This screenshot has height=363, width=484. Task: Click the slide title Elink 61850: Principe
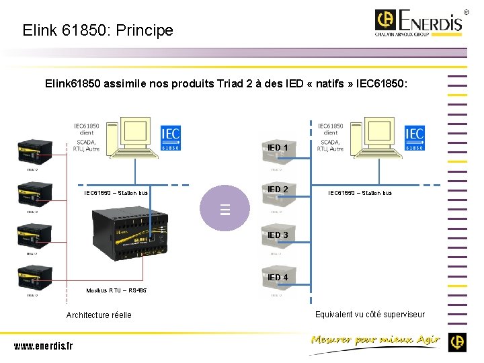[x=97, y=30]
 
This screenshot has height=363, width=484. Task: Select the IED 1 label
[x=278, y=147]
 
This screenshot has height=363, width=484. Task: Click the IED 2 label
[x=278, y=190]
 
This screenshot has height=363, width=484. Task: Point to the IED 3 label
[x=278, y=235]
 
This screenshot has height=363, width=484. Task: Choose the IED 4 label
[x=278, y=277]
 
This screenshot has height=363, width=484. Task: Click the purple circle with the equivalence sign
[x=225, y=210]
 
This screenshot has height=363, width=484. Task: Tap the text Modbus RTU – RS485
[x=116, y=290]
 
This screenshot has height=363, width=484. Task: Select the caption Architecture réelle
[x=99, y=315]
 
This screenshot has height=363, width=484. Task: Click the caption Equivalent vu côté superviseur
[x=370, y=314]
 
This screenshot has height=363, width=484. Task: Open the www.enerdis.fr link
[x=43, y=346]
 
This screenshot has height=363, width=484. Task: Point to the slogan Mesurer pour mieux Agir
[x=374, y=340]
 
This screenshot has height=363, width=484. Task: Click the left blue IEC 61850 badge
[x=171, y=137]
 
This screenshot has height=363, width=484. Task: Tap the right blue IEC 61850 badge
[x=414, y=137]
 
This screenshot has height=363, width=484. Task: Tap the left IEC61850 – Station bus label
[x=116, y=194]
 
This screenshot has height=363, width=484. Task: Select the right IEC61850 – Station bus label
[x=360, y=194]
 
